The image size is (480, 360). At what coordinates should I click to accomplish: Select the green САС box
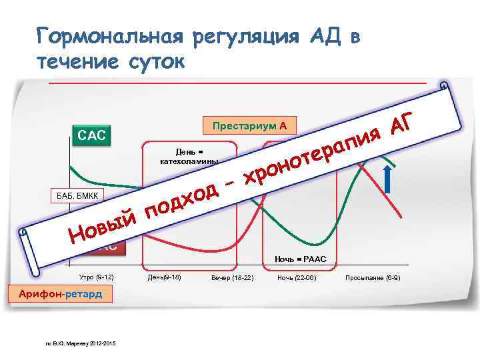(92, 136)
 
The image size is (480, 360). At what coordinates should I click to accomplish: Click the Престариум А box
(249, 126)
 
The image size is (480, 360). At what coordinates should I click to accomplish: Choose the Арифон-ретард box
(60, 294)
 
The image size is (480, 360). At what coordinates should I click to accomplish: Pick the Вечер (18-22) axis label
(232, 277)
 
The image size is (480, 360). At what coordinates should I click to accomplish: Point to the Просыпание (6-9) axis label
(373, 277)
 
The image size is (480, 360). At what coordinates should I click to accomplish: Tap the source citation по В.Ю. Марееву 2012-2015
(80, 343)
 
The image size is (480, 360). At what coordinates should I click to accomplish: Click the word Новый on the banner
(103, 227)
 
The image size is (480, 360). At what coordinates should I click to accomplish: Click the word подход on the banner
(182, 201)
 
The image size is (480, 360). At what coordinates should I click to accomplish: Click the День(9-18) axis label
(163, 277)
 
